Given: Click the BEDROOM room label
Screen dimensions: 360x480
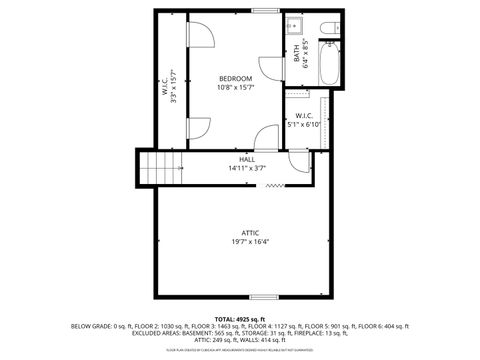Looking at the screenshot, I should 236,78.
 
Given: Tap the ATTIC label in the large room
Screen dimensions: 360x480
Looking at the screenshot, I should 250,233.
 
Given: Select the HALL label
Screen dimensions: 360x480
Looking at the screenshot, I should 246,159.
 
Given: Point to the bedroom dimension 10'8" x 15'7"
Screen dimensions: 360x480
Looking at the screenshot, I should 236,88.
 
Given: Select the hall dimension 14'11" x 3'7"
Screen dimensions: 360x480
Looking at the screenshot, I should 246,168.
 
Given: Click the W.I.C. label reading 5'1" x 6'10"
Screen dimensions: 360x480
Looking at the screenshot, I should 304,120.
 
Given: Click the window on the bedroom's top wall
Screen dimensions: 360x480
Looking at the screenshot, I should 265,11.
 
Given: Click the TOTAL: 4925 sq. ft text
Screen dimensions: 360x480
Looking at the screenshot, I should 240,318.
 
